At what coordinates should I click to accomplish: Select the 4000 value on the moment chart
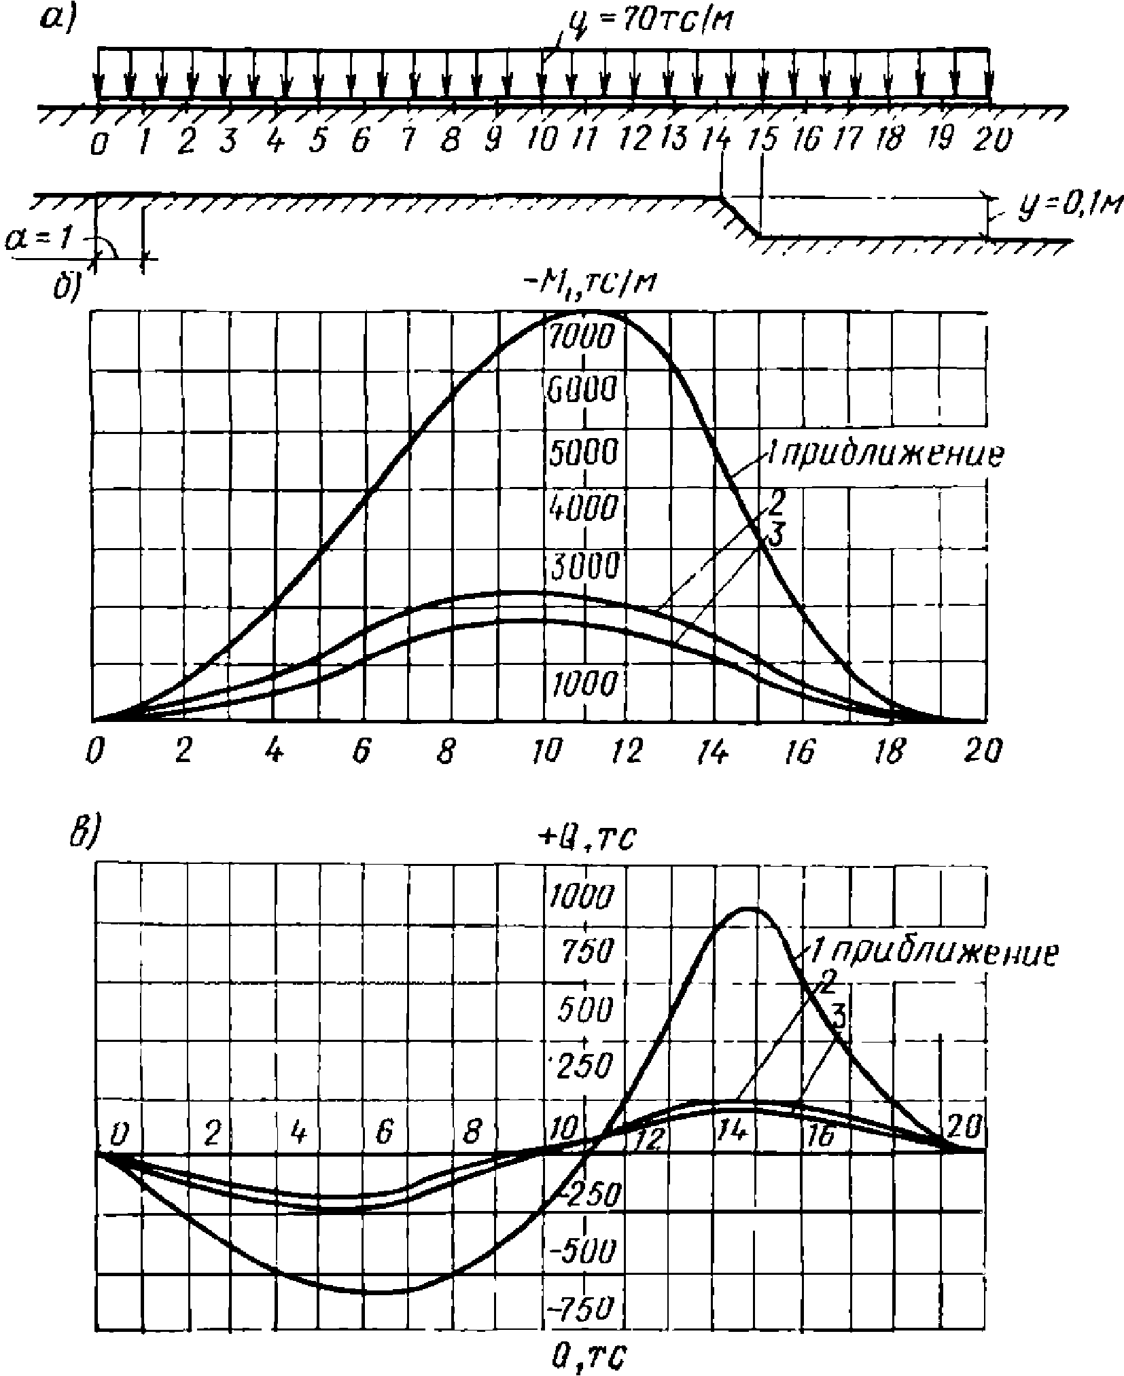583,506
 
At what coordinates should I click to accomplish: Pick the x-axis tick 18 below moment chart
894,753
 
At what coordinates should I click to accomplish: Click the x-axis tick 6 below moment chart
362,753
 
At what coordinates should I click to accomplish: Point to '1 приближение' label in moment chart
883,454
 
